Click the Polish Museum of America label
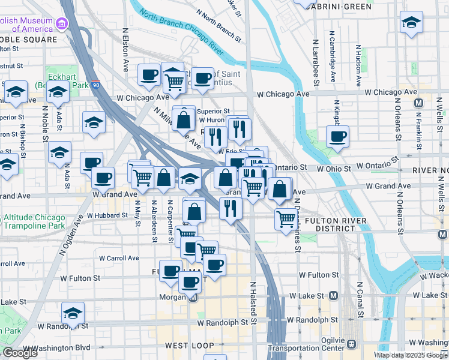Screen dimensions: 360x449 26,24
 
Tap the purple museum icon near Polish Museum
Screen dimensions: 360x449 61,24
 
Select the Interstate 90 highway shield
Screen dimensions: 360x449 96,84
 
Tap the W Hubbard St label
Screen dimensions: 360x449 107,215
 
